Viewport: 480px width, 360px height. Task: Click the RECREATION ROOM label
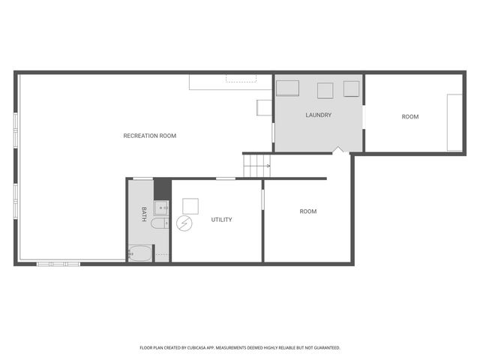149,136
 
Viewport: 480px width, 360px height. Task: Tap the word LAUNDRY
318,115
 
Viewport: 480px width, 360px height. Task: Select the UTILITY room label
221,220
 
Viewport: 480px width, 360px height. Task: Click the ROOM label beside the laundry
409,116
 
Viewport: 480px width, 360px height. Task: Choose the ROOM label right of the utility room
307,211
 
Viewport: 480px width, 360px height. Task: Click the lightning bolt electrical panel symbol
184,223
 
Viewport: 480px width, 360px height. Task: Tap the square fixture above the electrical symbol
190,205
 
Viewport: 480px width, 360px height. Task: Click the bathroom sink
161,207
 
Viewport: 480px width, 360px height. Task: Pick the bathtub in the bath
140,253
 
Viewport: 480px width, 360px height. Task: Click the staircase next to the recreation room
255,165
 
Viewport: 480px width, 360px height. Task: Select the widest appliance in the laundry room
288,88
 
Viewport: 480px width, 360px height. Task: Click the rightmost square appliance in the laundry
351,88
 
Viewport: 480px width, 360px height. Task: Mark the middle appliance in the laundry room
325,90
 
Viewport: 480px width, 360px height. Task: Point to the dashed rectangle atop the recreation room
241,77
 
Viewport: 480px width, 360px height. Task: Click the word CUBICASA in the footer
208,348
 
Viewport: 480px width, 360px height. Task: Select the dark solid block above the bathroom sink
162,187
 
